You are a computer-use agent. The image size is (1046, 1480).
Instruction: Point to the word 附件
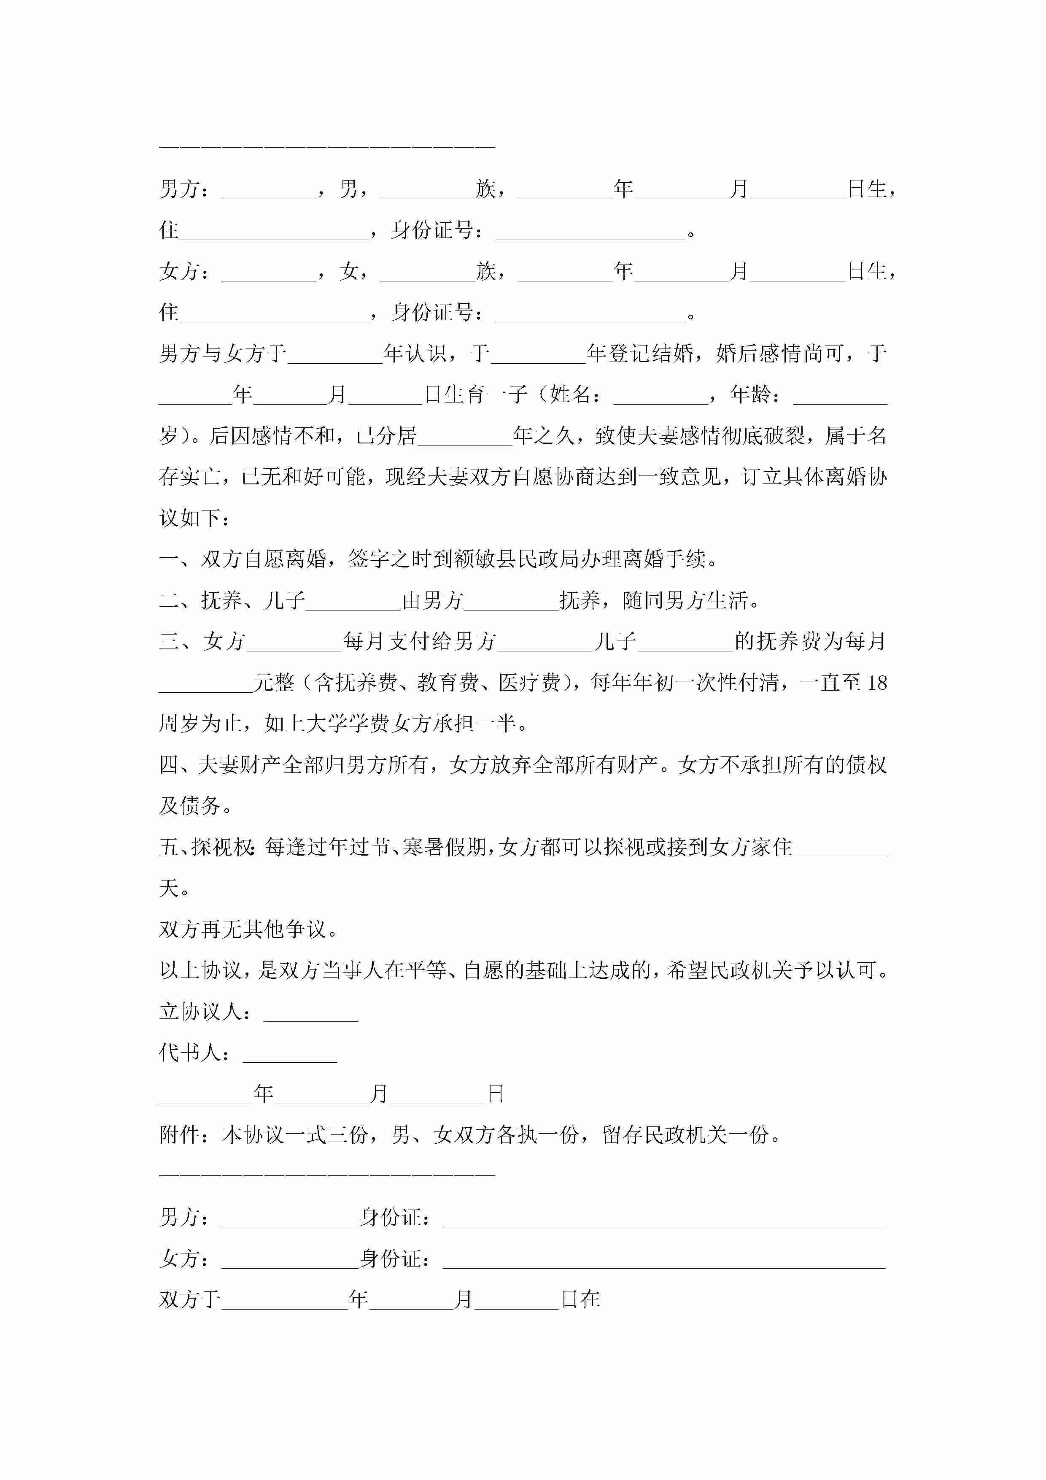pos(179,1134)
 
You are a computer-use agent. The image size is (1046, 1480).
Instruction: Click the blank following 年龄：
pos(840,394)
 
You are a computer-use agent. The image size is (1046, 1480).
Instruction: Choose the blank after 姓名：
pos(660,394)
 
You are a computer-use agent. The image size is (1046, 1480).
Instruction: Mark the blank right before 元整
pos(205,683)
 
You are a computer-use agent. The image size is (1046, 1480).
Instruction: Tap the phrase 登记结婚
pos(650,353)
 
